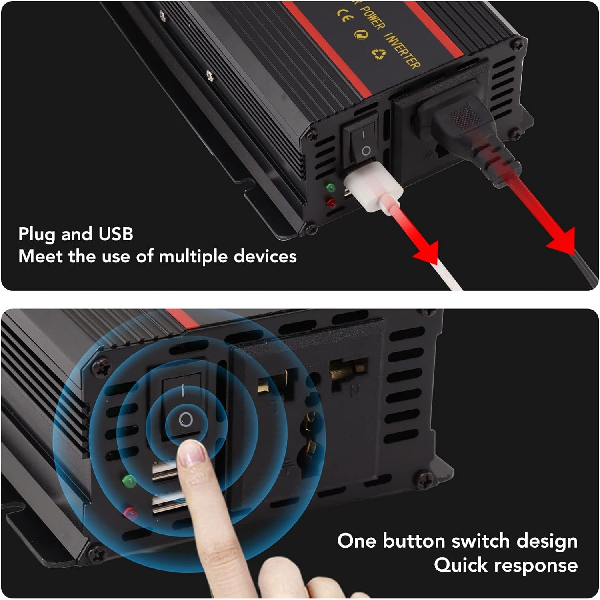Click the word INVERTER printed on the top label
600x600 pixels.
[x=402, y=50]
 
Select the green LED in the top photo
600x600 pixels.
[x=330, y=187]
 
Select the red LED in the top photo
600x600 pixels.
[x=331, y=202]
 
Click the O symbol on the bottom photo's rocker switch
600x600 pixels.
[x=186, y=420]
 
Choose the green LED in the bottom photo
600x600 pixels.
[x=128, y=481]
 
